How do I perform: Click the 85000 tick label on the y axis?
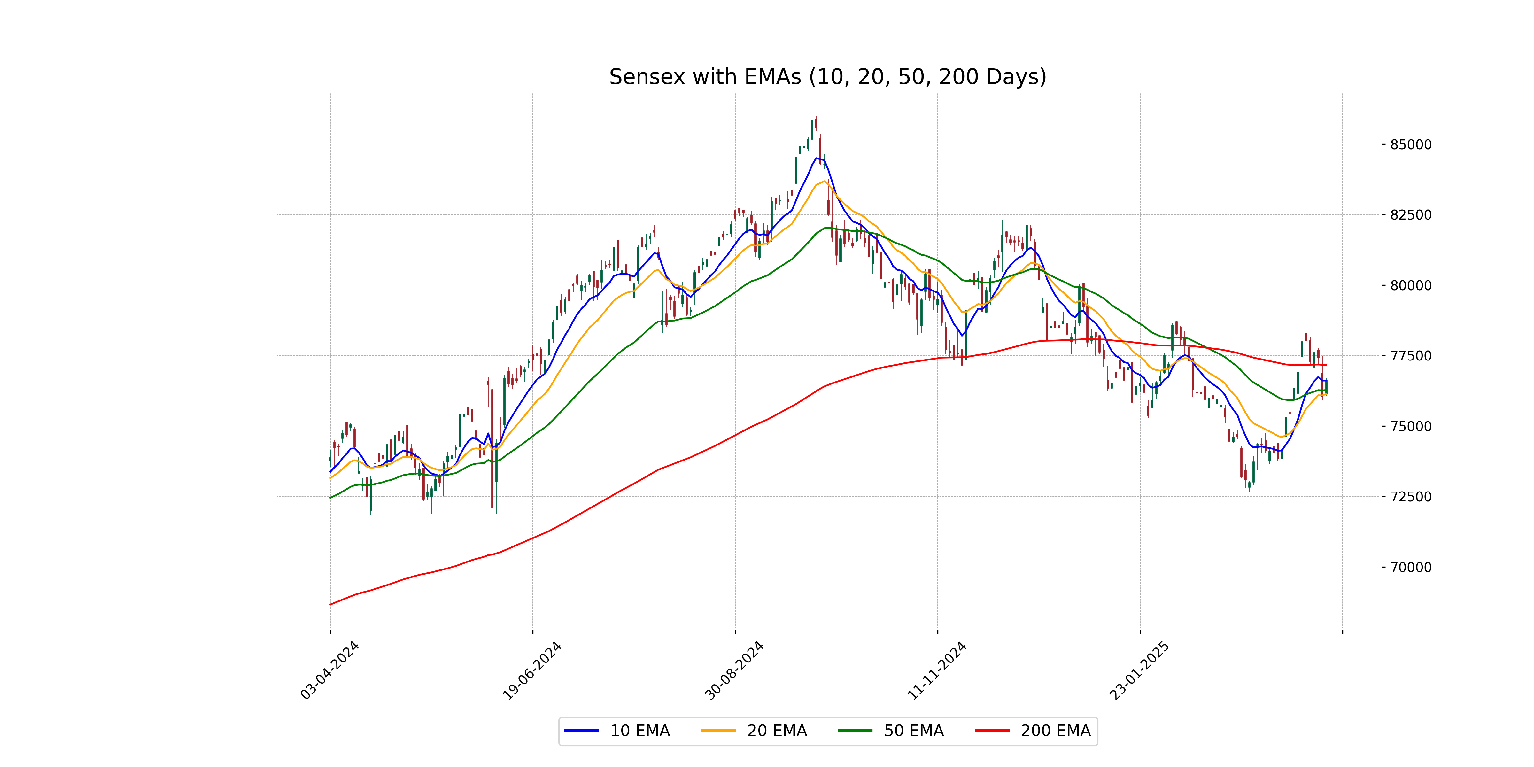point(1410,145)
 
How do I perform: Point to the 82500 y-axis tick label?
point(1410,215)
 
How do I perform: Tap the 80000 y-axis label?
point(1410,285)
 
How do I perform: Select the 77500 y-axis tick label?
point(1410,356)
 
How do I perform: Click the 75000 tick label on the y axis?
point(1410,426)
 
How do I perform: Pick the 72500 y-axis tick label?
point(1410,497)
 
